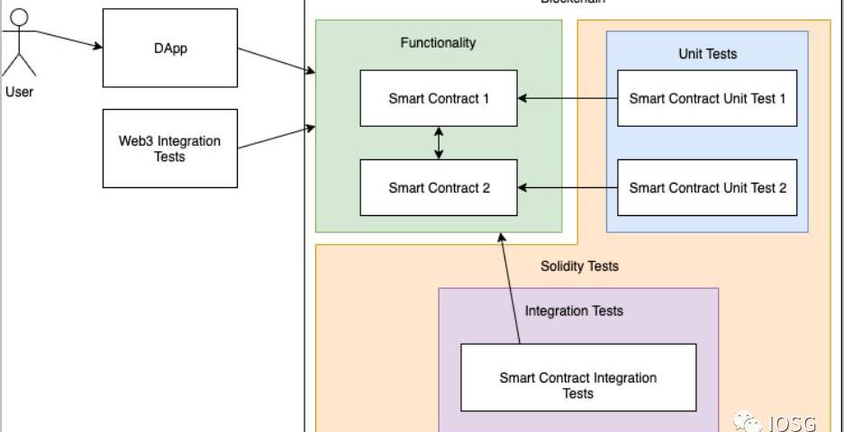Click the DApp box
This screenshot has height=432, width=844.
point(170,48)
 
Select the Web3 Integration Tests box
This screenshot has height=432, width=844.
point(170,148)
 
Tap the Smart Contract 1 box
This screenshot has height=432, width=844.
point(439,98)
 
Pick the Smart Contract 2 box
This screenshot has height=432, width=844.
point(439,187)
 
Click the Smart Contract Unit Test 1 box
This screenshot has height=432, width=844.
point(707,98)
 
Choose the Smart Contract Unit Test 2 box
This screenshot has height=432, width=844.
point(707,187)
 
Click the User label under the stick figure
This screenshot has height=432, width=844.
point(19,91)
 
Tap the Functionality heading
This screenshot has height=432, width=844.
point(438,42)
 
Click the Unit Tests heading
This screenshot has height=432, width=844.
point(707,54)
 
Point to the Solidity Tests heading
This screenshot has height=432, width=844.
point(579,265)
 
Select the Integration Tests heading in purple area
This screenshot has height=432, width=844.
point(574,311)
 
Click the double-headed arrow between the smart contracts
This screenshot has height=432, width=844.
point(439,142)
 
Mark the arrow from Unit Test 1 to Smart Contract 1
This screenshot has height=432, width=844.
point(567,98)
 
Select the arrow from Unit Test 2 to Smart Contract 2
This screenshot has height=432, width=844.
point(567,187)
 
